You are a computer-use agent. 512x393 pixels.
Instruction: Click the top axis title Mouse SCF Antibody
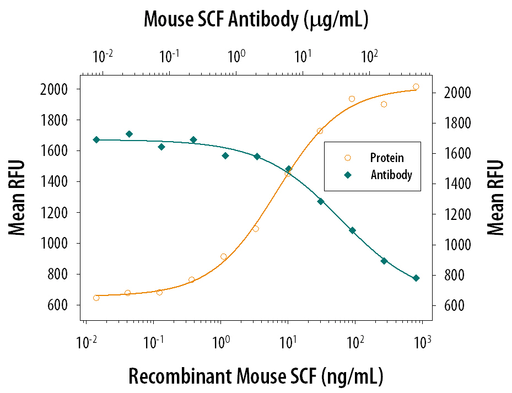[x=256, y=20]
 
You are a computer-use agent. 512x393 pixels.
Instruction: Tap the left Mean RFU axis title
[x=17, y=197]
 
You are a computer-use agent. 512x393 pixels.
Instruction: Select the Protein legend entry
[x=386, y=158]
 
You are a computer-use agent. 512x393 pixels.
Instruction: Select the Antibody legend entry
[x=391, y=175]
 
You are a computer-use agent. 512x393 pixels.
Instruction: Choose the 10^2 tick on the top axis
[x=369, y=56]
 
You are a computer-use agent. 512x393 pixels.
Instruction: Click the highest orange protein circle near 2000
[x=416, y=87]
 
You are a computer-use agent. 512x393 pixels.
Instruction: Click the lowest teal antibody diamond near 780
[x=416, y=278]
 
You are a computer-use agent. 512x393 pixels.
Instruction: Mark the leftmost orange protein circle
[x=96, y=298]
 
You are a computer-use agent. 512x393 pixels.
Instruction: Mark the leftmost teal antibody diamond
[x=96, y=140]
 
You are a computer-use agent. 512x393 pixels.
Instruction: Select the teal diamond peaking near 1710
[x=129, y=134]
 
